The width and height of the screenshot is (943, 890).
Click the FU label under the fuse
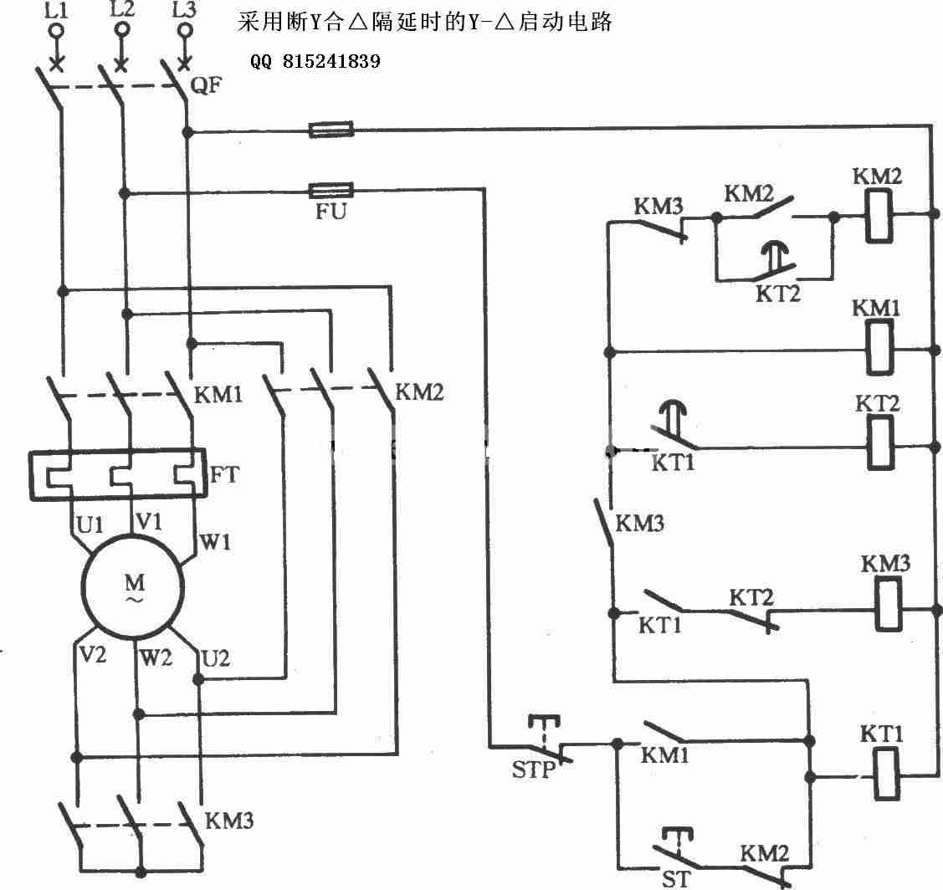tap(331, 211)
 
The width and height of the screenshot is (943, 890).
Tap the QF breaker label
tap(207, 84)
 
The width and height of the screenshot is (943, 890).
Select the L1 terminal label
tap(57, 10)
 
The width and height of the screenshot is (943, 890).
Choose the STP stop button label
tap(533, 769)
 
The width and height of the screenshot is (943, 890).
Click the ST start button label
tap(674, 879)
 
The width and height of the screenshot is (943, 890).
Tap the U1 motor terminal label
tap(90, 525)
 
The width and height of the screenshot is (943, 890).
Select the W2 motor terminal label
tap(156, 657)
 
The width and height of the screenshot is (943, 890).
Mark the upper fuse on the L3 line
tap(331, 130)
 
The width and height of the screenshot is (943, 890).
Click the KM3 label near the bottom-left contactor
tap(229, 821)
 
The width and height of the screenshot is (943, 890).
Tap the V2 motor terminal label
tap(93, 654)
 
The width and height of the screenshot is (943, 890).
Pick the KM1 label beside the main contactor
tap(218, 395)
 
